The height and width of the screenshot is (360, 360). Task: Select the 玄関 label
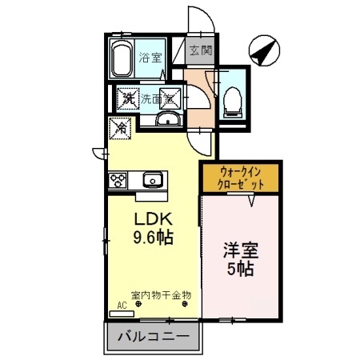tap(201, 50)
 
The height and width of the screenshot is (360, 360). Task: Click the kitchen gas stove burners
tap(118, 178)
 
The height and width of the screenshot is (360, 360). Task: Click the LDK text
tap(150, 218)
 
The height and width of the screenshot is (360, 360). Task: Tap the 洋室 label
tap(239, 250)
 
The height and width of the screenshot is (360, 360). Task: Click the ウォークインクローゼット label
tap(240, 177)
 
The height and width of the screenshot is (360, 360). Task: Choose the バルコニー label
tap(153, 336)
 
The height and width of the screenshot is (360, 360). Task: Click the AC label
tap(122, 305)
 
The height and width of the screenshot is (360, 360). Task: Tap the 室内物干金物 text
tap(161, 294)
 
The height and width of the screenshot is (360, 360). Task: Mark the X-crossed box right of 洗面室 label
tap(170, 99)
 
